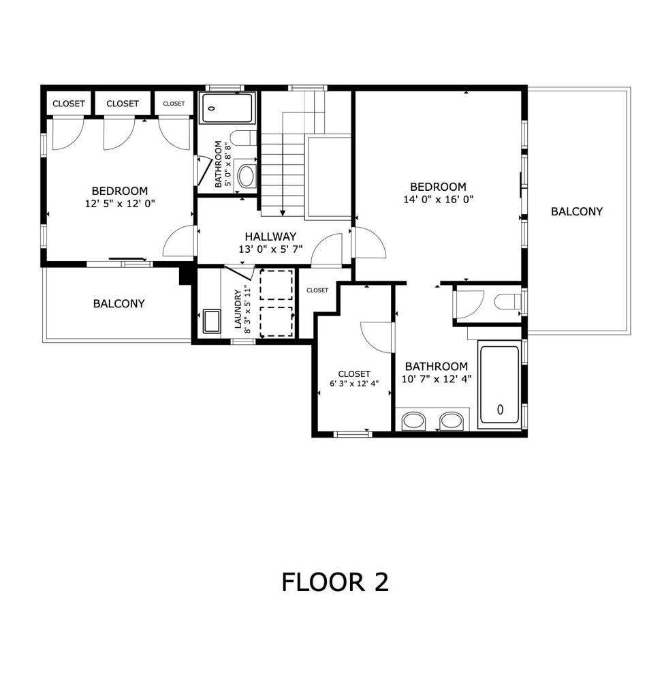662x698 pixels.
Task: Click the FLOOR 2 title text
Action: [335, 582]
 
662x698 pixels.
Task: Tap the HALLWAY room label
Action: [271, 237]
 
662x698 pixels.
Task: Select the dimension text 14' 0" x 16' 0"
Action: [438, 200]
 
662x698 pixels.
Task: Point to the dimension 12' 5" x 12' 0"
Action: [120, 204]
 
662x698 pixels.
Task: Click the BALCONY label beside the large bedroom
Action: [577, 211]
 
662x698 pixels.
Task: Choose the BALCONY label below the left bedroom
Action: [119, 303]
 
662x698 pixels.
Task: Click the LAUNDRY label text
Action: [238, 310]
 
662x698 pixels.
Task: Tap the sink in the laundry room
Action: [212, 321]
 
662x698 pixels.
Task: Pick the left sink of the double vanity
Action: [413, 421]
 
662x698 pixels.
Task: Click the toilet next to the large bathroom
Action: [507, 302]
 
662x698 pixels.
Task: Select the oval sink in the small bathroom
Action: [246, 177]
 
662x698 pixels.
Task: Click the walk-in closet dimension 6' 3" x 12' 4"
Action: [354, 383]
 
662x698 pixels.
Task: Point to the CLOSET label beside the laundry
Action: [317, 290]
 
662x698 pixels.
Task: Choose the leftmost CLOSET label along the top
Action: [69, 104]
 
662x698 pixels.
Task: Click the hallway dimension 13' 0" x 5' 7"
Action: [271, 249]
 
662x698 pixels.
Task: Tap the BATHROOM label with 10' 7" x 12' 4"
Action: [435, 366]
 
